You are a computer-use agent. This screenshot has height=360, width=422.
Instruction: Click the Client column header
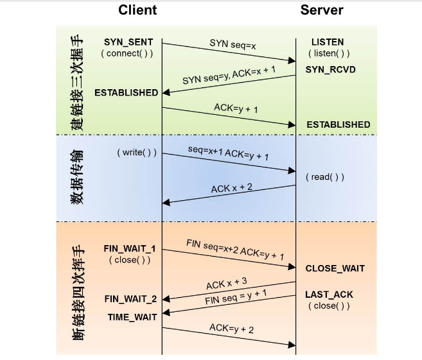coord(137,10)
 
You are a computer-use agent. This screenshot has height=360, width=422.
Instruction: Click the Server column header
coord(321,10)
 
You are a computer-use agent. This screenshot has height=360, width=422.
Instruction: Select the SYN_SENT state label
coord(128,42)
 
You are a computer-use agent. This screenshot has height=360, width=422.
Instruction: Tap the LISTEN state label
coord(328,42)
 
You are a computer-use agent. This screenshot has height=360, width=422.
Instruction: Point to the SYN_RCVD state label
coord(330,69)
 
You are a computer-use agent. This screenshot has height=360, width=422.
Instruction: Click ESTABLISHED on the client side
coord(126,92)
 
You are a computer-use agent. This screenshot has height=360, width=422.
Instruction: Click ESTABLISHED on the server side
coord(338,124)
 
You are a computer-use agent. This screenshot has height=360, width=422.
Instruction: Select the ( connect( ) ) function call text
coord(127,53)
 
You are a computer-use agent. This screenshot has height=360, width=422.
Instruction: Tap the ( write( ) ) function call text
coord(137,153)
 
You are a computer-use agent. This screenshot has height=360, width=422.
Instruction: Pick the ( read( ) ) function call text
coord(324,176)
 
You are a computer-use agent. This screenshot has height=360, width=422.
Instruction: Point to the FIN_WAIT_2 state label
coord(130,299)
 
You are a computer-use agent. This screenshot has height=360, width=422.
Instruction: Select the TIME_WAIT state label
coord(132,317)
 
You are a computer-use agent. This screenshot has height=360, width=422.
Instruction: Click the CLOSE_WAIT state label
coord(335,268)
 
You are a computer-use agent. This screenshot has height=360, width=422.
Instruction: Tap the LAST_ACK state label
coord(329,295)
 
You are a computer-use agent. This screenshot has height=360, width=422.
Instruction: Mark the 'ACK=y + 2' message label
coord(232,329)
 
